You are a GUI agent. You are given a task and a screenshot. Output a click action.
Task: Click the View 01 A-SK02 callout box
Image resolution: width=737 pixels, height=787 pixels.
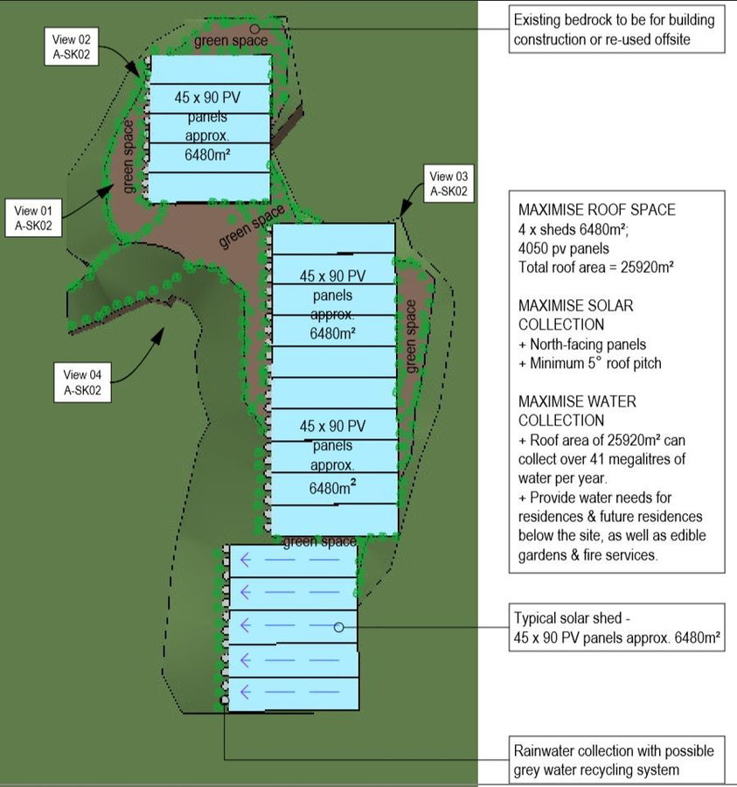click(x=34, y=219)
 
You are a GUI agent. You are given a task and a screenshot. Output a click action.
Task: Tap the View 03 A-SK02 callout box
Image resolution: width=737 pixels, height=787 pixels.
click(x=448, y=184)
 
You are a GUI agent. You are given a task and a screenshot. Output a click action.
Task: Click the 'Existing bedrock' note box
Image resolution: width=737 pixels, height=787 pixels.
click(x=616, y=30)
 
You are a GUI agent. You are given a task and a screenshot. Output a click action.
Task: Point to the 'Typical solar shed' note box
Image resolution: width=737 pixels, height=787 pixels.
click(x=617, y=629)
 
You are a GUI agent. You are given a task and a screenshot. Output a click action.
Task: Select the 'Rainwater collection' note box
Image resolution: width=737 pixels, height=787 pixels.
click(x=616, y=760)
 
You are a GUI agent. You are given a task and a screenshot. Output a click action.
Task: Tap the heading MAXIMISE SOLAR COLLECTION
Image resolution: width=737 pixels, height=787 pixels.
click(x=575, y=315)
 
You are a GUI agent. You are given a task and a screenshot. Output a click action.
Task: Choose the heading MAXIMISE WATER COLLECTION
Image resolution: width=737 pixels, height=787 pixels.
click(x=577, y=410)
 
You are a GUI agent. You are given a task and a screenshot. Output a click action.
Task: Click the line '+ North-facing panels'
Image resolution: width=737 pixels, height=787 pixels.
click(x=583, y=345)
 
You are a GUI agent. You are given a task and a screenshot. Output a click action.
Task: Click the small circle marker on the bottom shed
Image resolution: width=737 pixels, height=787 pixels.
click(x=338, y=627)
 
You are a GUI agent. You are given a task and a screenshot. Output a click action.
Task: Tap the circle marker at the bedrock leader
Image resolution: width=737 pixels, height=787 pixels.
click(x=254, y=30)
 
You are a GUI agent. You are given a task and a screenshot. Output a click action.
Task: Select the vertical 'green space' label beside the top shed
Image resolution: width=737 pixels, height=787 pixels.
click(x=129, y=157)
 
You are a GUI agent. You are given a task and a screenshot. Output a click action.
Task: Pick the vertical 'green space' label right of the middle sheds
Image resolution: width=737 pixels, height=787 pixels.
click(x=411, y=337)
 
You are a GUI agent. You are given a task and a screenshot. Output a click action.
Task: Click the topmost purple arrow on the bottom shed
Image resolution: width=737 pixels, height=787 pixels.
click(x=247, y=560)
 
